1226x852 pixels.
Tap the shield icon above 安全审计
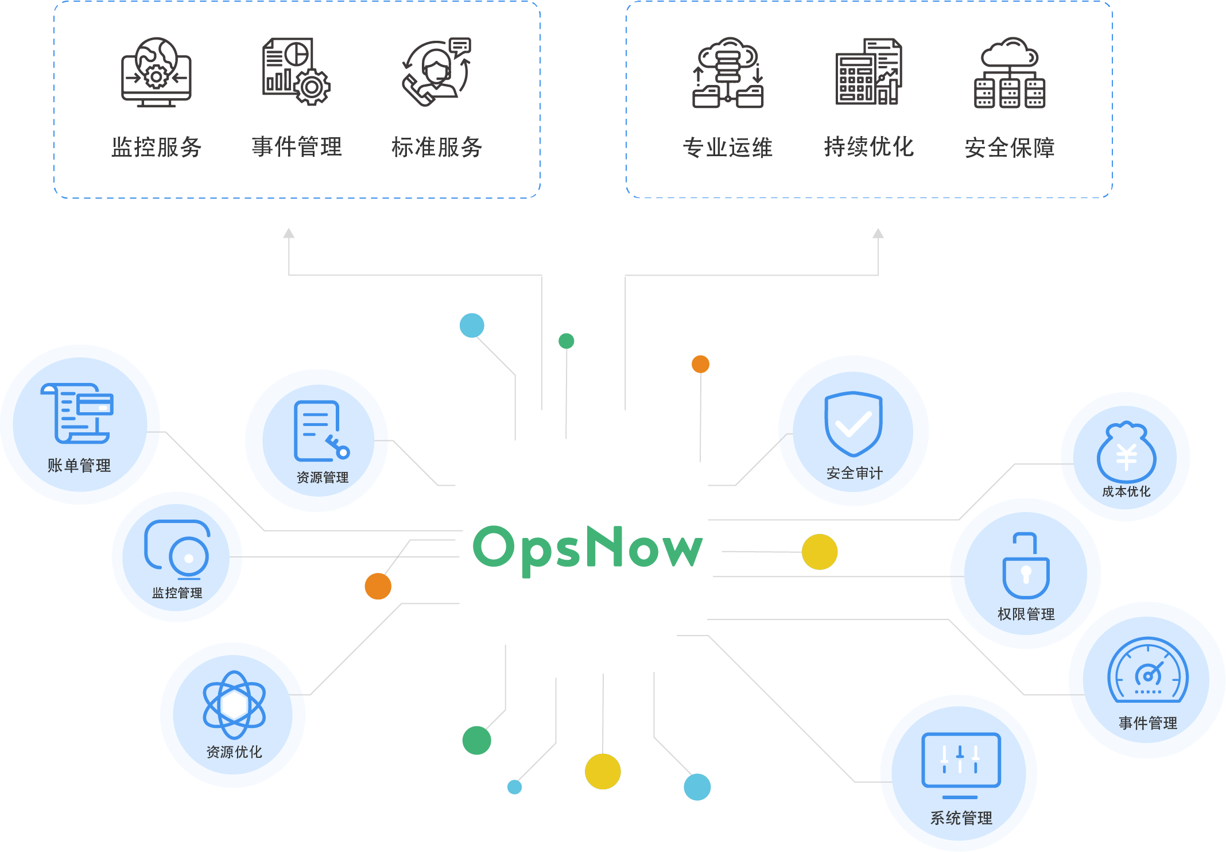pyautogui.click(x=853, y=424)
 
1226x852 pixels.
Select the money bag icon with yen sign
pyautogui.click(x=1126, y=452)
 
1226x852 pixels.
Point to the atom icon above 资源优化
pyautogui.click(x=234, y=704)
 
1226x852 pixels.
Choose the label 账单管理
pyautogui.click(x=79, y=466)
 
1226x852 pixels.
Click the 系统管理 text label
pyautogui.click(x=961, y=818)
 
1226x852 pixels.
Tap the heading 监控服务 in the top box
pyautogui.click(x=157, y=148)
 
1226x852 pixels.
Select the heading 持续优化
pyautogui.click(x=869, y=147)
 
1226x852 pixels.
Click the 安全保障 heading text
pyautogui.click(x=1010, y=148)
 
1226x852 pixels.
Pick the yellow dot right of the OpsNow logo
pyautogui.click(x=820, y=552)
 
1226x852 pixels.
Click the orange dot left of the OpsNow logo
pyautogui.click(x=378, y=586)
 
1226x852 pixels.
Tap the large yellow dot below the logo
pyautogui.click(x=603, y=772)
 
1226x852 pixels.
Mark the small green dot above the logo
pyautogui.click(x=567, y=341)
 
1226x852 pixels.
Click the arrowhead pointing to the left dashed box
pyautogui.click(x=289, y=233)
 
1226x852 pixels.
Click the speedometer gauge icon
pyautogui.click(x=1148, y=671)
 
